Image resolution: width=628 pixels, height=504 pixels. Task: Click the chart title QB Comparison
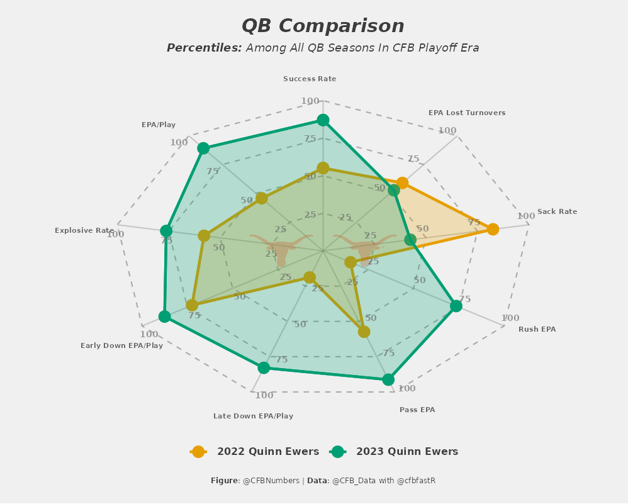point(323,26)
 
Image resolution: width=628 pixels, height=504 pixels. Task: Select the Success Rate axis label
point(310,79)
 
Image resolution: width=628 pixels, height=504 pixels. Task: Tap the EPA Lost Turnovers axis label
point(467,113)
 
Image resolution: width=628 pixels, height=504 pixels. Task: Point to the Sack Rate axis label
point(557,212)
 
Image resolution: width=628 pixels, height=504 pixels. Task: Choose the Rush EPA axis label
point(537,330)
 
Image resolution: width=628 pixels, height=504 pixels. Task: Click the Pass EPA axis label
point(417,410)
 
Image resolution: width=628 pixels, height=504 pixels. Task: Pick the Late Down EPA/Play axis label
point(253,416)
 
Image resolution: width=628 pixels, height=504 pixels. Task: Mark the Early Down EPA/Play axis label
point(121,345)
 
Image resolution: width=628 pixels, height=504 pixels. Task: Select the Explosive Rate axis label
point(84,231)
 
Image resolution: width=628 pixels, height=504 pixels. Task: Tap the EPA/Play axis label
point(159,125)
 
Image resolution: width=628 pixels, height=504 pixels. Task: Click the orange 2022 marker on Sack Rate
point(493,229)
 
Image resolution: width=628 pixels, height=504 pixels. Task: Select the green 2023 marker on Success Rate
point(323,120)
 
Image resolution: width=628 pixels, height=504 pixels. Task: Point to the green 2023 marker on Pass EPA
point(388,379)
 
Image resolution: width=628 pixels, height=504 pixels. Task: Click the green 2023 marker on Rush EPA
point(456,306)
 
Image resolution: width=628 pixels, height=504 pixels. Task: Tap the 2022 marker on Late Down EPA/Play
point(310,277)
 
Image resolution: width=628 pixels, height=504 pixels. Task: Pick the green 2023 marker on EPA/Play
point(203,148)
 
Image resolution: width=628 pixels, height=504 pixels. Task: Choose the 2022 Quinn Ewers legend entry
point(255,452)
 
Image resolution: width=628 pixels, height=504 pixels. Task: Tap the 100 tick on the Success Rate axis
point(310,101)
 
